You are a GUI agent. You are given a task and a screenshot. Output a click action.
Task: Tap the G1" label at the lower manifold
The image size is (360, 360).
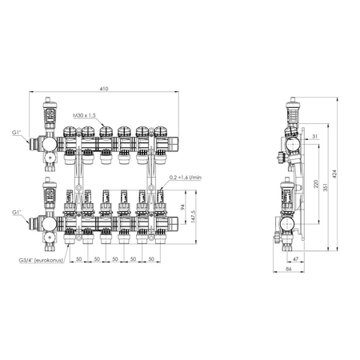point(18,213)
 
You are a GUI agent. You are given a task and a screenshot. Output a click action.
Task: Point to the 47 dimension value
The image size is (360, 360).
point(296,259)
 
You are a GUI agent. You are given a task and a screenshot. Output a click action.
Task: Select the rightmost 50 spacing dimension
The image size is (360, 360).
point(154,259)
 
